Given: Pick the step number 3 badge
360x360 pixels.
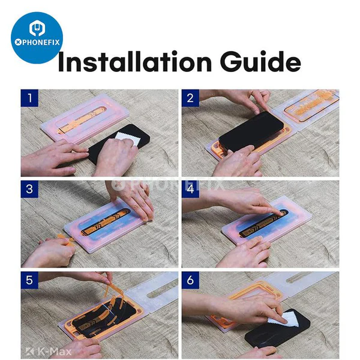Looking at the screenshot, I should click(x=28, y=188).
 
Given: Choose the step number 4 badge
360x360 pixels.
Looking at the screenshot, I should click(x=190, y=188).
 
